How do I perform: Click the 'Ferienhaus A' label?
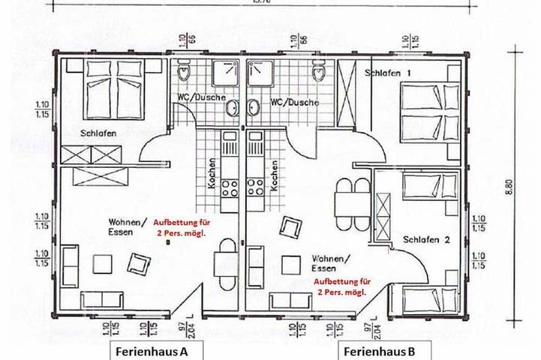click(x=151, y=350)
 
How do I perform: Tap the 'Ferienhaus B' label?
click(x=377, y=350)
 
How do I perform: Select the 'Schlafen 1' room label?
click(x=389, y=73)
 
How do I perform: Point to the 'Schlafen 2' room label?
click(x=426, y=241)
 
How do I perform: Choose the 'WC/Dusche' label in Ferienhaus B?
click(x=294, y=102)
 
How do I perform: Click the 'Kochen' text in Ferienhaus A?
click(x=213, y=175)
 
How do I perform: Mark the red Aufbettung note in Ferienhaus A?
click(x=179, y=227)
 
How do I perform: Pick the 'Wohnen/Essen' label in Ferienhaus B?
click(x=330, y=262)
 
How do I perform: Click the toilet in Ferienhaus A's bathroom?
click(x=183, y=73)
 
